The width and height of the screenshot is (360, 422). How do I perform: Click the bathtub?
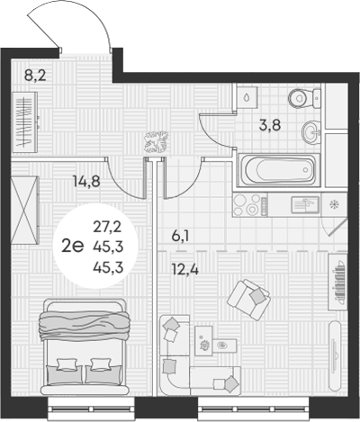click(x=276, y=168)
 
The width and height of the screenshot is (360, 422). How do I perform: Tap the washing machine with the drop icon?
click(x=247, y=97)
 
